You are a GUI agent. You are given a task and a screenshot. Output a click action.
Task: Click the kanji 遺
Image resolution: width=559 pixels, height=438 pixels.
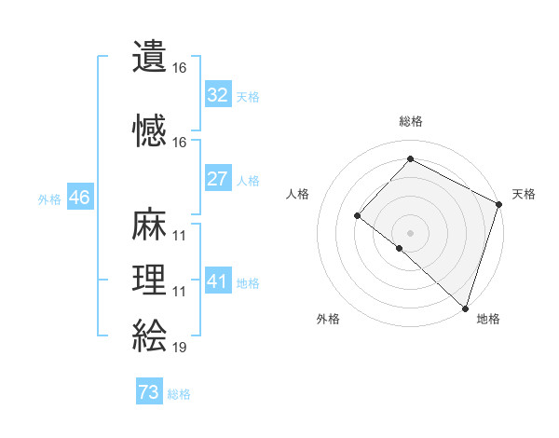click(150, 58)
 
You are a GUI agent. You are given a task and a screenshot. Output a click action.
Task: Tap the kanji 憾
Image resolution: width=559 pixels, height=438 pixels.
click(150, 130)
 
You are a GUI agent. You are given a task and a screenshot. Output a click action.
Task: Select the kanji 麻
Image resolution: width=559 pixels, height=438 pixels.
click(150, 224)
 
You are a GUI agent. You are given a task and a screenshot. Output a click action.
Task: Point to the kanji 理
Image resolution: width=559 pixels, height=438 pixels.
click(150, 280)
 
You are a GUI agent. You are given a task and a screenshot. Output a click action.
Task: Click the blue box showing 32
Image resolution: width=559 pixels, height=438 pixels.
click(218, 94)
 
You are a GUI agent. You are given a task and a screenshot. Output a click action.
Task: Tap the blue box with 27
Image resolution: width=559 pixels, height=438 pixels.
click(218, 179)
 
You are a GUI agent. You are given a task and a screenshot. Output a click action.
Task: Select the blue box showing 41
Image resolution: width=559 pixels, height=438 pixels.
click(218, 281)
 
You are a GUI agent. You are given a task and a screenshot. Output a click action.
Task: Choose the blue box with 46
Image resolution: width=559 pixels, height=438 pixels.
click(79, 198)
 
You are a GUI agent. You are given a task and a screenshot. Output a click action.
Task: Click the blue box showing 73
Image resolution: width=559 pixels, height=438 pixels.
click(149, 392)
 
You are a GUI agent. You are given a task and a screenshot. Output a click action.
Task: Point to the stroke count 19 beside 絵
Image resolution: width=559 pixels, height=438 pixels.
click(179, 349)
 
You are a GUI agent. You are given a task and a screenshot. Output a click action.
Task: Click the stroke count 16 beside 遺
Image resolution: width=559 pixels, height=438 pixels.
click(179, 68)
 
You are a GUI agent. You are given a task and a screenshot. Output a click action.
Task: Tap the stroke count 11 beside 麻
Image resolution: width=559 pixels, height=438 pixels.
click(179, 236)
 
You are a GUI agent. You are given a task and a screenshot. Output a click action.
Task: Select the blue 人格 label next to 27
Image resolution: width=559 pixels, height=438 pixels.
click(248, 181)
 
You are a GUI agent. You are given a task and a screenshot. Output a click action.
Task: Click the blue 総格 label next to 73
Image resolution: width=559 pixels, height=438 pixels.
click(179, 394)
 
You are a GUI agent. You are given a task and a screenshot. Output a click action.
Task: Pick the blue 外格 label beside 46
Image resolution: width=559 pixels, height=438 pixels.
click(49, 199)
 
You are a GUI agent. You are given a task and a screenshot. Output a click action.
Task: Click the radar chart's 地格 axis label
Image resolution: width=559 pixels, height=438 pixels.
click(488, 320)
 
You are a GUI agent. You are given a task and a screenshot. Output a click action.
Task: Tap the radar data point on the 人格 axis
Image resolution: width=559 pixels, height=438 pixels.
click(357, 216)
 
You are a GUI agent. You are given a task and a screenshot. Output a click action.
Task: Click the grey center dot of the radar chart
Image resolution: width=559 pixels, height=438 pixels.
click(410, 232)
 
